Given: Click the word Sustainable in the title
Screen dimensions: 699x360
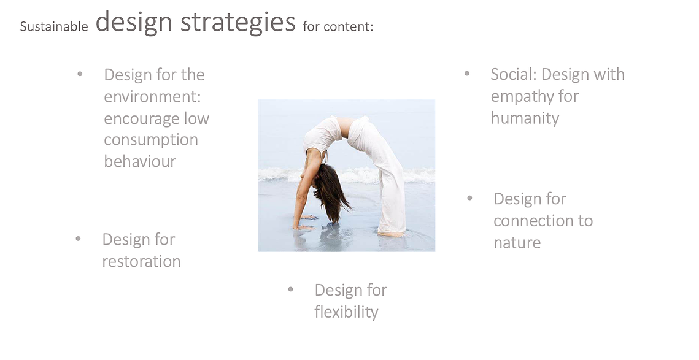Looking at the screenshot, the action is click(54, 27).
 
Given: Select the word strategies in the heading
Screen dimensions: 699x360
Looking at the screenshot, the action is click(238, 22).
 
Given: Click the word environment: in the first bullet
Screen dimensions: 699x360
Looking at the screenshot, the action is click(152, 97).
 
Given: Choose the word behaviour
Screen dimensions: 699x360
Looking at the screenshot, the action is click(140, 161).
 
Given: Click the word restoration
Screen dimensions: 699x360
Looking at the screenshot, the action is click(141, 261).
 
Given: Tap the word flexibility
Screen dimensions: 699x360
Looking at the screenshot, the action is click(346, 312).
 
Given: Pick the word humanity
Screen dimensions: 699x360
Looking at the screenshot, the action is click(525, 118).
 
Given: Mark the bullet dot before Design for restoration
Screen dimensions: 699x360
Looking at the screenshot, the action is click(78, 239).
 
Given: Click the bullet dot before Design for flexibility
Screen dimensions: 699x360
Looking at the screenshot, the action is click(291, 289).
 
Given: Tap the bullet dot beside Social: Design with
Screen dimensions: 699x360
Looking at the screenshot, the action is click(467, 74).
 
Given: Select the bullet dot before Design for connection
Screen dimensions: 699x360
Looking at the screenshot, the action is click(469, 198).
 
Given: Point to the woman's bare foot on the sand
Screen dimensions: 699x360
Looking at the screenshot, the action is click(392, 234).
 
